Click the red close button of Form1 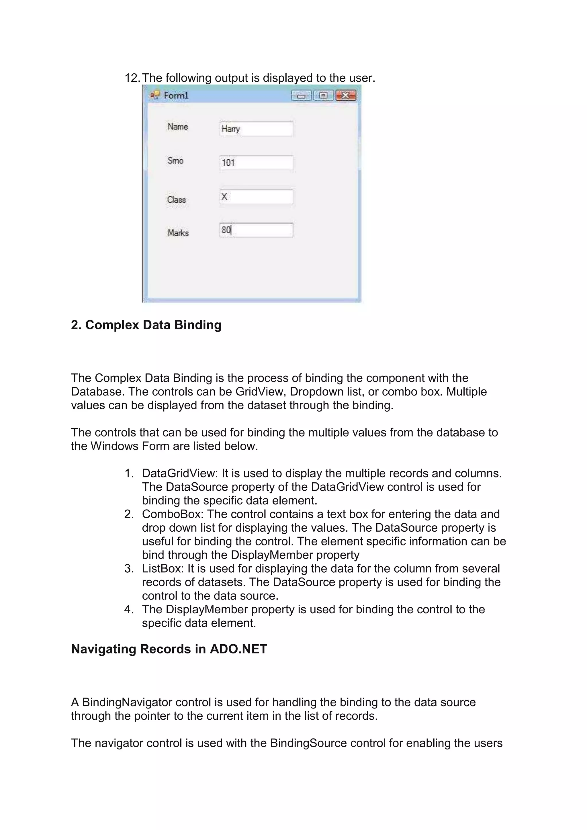(346, 95)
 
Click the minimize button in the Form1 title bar (301, 96)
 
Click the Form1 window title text (176, 95)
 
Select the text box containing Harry (256, 129)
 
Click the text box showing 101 (256, 163)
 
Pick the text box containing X (256, 197)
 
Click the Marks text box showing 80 (256, 230)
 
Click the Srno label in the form (175, 160)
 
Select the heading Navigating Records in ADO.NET (169, 649)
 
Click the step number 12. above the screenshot (132, 78)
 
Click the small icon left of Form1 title (155, 95)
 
